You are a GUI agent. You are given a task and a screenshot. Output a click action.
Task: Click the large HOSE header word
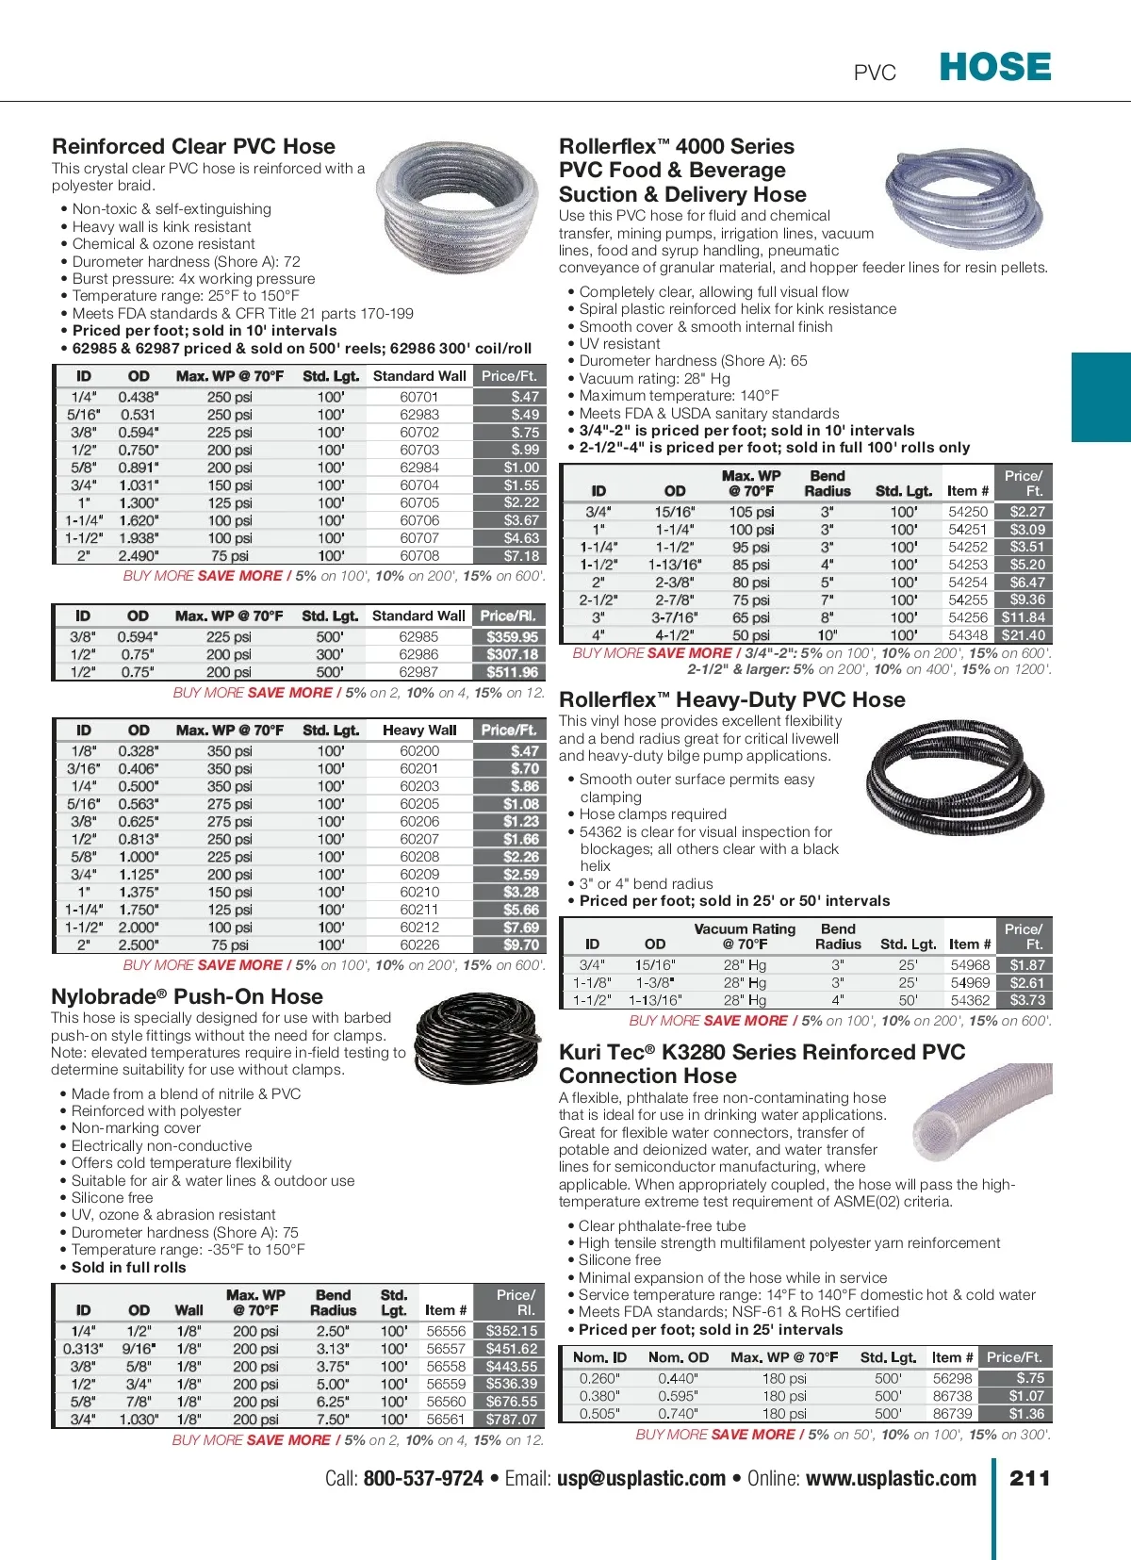(995, 68)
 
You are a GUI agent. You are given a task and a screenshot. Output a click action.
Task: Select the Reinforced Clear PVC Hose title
(193, 146)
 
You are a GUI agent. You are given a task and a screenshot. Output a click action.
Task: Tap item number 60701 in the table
(419, 397)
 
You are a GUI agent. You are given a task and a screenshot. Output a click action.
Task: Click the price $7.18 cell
(521, 556)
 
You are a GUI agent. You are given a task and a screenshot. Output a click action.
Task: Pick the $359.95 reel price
(512, 637)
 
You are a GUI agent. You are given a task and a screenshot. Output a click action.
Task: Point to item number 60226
(419, 944)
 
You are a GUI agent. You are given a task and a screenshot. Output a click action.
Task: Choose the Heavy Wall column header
(419, 730)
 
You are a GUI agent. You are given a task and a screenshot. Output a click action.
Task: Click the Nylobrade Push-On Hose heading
(187, 996)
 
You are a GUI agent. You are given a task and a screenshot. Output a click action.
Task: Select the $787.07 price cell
(511, 1420)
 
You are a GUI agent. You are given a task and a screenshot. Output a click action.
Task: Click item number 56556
(446, 1331)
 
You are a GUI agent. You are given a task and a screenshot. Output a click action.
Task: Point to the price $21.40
(1023, 635)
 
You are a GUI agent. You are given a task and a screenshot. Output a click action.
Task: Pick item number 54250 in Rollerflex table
(968, 512)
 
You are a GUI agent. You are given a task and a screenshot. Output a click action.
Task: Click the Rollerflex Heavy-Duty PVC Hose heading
(731, 699)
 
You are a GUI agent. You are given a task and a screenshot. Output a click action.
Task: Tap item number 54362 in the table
(970, 1000)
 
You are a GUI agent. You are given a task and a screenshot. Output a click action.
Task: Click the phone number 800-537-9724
(423, 1478)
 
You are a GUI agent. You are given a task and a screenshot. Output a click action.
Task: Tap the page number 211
(1029, 1478)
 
